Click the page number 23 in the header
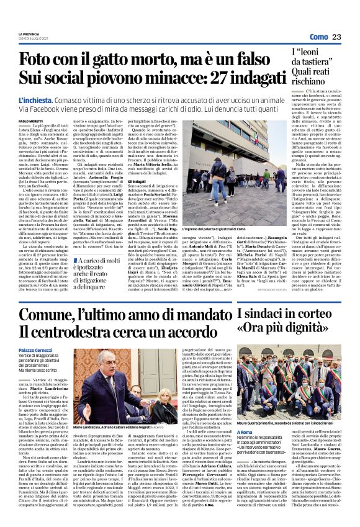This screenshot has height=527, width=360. click(336, 38)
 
